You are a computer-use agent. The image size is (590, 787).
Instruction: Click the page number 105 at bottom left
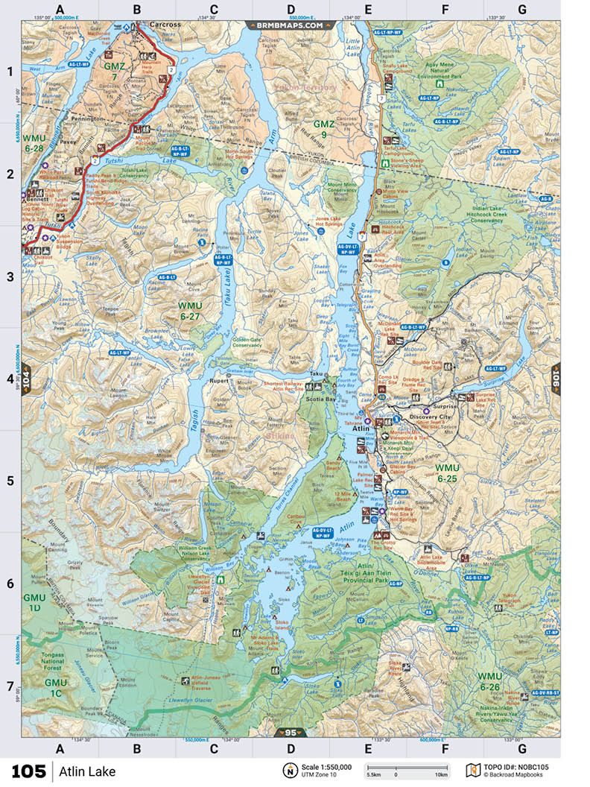[28, 771]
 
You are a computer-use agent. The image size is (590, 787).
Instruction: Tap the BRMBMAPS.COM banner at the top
[291, 25]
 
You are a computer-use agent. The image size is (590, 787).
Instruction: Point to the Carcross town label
[165, 25]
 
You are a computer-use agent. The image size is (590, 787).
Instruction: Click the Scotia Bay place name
[321, 399]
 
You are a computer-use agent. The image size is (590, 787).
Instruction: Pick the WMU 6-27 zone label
[190, 311]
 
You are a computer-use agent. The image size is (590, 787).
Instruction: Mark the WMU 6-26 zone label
[489, 681]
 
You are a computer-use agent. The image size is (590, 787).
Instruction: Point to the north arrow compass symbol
[288, 770]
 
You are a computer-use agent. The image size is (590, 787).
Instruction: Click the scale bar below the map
[406, 768]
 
